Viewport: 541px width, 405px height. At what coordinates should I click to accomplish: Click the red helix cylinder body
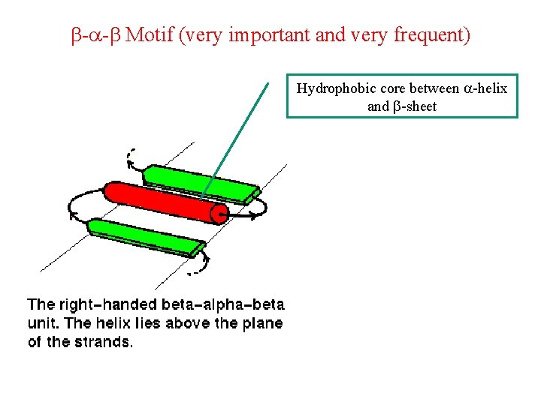[x=162, y=200]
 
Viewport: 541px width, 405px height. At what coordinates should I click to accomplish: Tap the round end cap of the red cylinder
[x=219, y=214]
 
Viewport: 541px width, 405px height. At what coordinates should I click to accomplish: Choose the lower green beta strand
[x=147, y=237]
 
